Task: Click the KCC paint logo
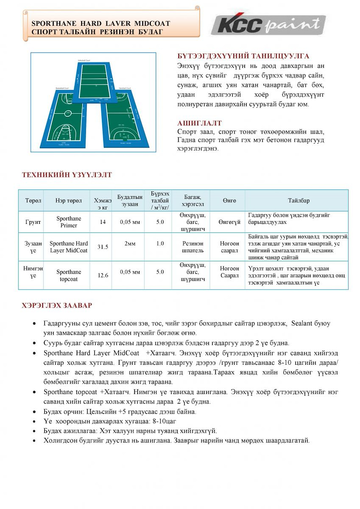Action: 268,24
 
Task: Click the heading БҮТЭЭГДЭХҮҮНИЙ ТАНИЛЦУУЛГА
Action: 243,56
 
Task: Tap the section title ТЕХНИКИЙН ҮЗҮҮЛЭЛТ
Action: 67,175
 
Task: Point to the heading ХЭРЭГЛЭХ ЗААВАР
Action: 57,305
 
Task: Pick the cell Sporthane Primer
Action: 69,222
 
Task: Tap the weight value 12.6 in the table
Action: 103,275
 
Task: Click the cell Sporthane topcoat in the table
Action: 69,275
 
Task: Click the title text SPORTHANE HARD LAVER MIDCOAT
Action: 101,23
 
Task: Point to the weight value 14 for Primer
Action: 103,222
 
